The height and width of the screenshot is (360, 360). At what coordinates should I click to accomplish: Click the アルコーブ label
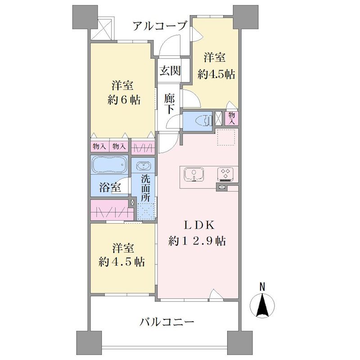click(x=160, y=26)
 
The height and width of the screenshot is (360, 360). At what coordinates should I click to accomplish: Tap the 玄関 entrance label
click(x=170, y=71)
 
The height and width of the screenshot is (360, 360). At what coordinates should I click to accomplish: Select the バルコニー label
click(x=167, y=322)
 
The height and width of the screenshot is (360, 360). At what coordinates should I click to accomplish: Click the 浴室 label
click(x=110, y=187)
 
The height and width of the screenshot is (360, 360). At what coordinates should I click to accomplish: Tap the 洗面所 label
click(x=145, y=188)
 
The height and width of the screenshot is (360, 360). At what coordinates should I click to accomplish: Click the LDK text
click(x=199, y=225)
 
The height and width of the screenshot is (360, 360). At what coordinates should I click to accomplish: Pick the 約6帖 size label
click(x=124, y=100)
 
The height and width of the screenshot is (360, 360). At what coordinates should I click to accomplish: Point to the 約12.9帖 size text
click(x=197, y=241)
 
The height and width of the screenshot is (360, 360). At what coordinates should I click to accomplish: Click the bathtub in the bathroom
click(x=110, y=164)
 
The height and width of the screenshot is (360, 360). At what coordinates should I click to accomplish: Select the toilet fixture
click(x=203, y=121)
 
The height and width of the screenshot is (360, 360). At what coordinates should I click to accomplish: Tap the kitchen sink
click(x=194, y=175)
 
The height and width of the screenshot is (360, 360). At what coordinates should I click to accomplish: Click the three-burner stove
click(x=225, y=174)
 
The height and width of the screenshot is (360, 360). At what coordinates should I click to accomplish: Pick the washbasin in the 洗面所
click(x=144, y=166)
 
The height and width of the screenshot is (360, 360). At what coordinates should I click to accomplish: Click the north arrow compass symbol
click(x=262, y=305)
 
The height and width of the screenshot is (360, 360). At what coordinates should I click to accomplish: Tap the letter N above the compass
click(x=262, y=287)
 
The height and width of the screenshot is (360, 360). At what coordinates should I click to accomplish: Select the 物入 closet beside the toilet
click(x=232, y=118)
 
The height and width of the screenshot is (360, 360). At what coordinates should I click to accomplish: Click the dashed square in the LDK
click(x=226, y=137)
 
